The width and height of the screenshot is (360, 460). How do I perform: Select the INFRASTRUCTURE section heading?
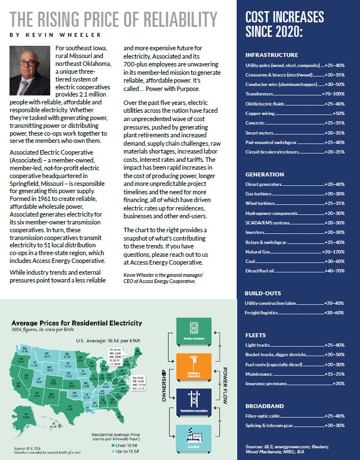(272, 55)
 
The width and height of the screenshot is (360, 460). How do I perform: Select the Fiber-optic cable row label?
(265, 416)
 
